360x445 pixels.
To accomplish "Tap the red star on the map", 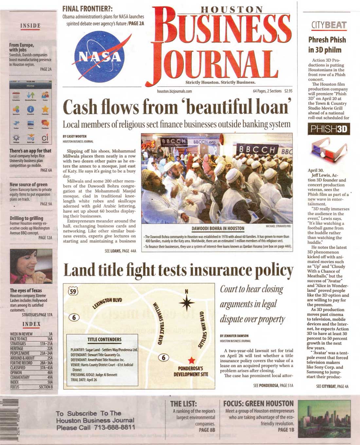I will [x=191, y=360].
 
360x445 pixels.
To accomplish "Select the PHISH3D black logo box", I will [x=329, y=129].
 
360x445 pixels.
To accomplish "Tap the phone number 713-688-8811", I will [x=114, y=427].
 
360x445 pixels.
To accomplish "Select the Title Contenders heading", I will [x=104, y=339].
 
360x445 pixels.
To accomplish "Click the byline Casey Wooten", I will [x=75, y=136].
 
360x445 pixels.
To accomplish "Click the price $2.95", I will [x=288, y=91].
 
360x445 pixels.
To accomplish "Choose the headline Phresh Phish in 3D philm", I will [x=327, y=45].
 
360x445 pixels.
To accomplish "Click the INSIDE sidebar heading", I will [x=30, y=26].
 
